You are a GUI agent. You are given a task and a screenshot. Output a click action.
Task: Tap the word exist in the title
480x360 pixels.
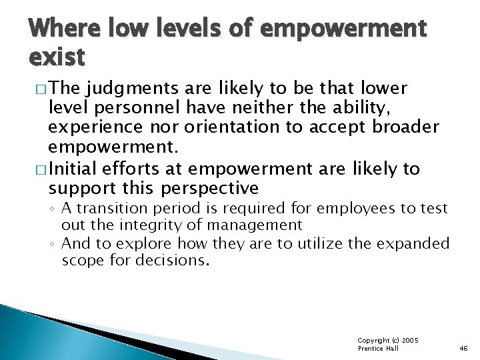(57, 57)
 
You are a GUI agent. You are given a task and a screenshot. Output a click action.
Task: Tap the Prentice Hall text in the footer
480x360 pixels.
(378, 349)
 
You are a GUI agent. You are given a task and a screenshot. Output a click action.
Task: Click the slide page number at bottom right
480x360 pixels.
(463, 348)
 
